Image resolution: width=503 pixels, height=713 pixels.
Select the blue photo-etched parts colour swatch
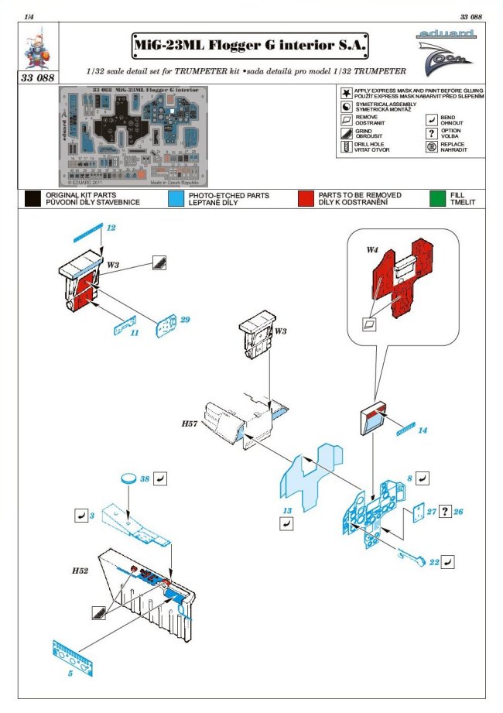(175, 198)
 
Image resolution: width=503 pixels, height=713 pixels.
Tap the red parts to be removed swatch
(309, 198)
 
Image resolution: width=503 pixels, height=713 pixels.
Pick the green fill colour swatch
(438, 198)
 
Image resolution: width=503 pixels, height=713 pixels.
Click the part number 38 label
(144, 479)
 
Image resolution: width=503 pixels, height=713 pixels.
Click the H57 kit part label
(190, 425)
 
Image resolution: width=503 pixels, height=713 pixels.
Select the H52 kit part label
(80, 570)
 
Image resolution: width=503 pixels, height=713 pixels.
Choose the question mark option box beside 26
(445, 512)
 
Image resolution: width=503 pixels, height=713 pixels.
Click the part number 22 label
(435, 563)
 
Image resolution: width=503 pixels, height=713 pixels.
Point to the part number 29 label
(185, 319)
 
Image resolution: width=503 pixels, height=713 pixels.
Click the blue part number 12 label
(111, 228)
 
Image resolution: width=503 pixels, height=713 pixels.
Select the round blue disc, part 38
(128, 480)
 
